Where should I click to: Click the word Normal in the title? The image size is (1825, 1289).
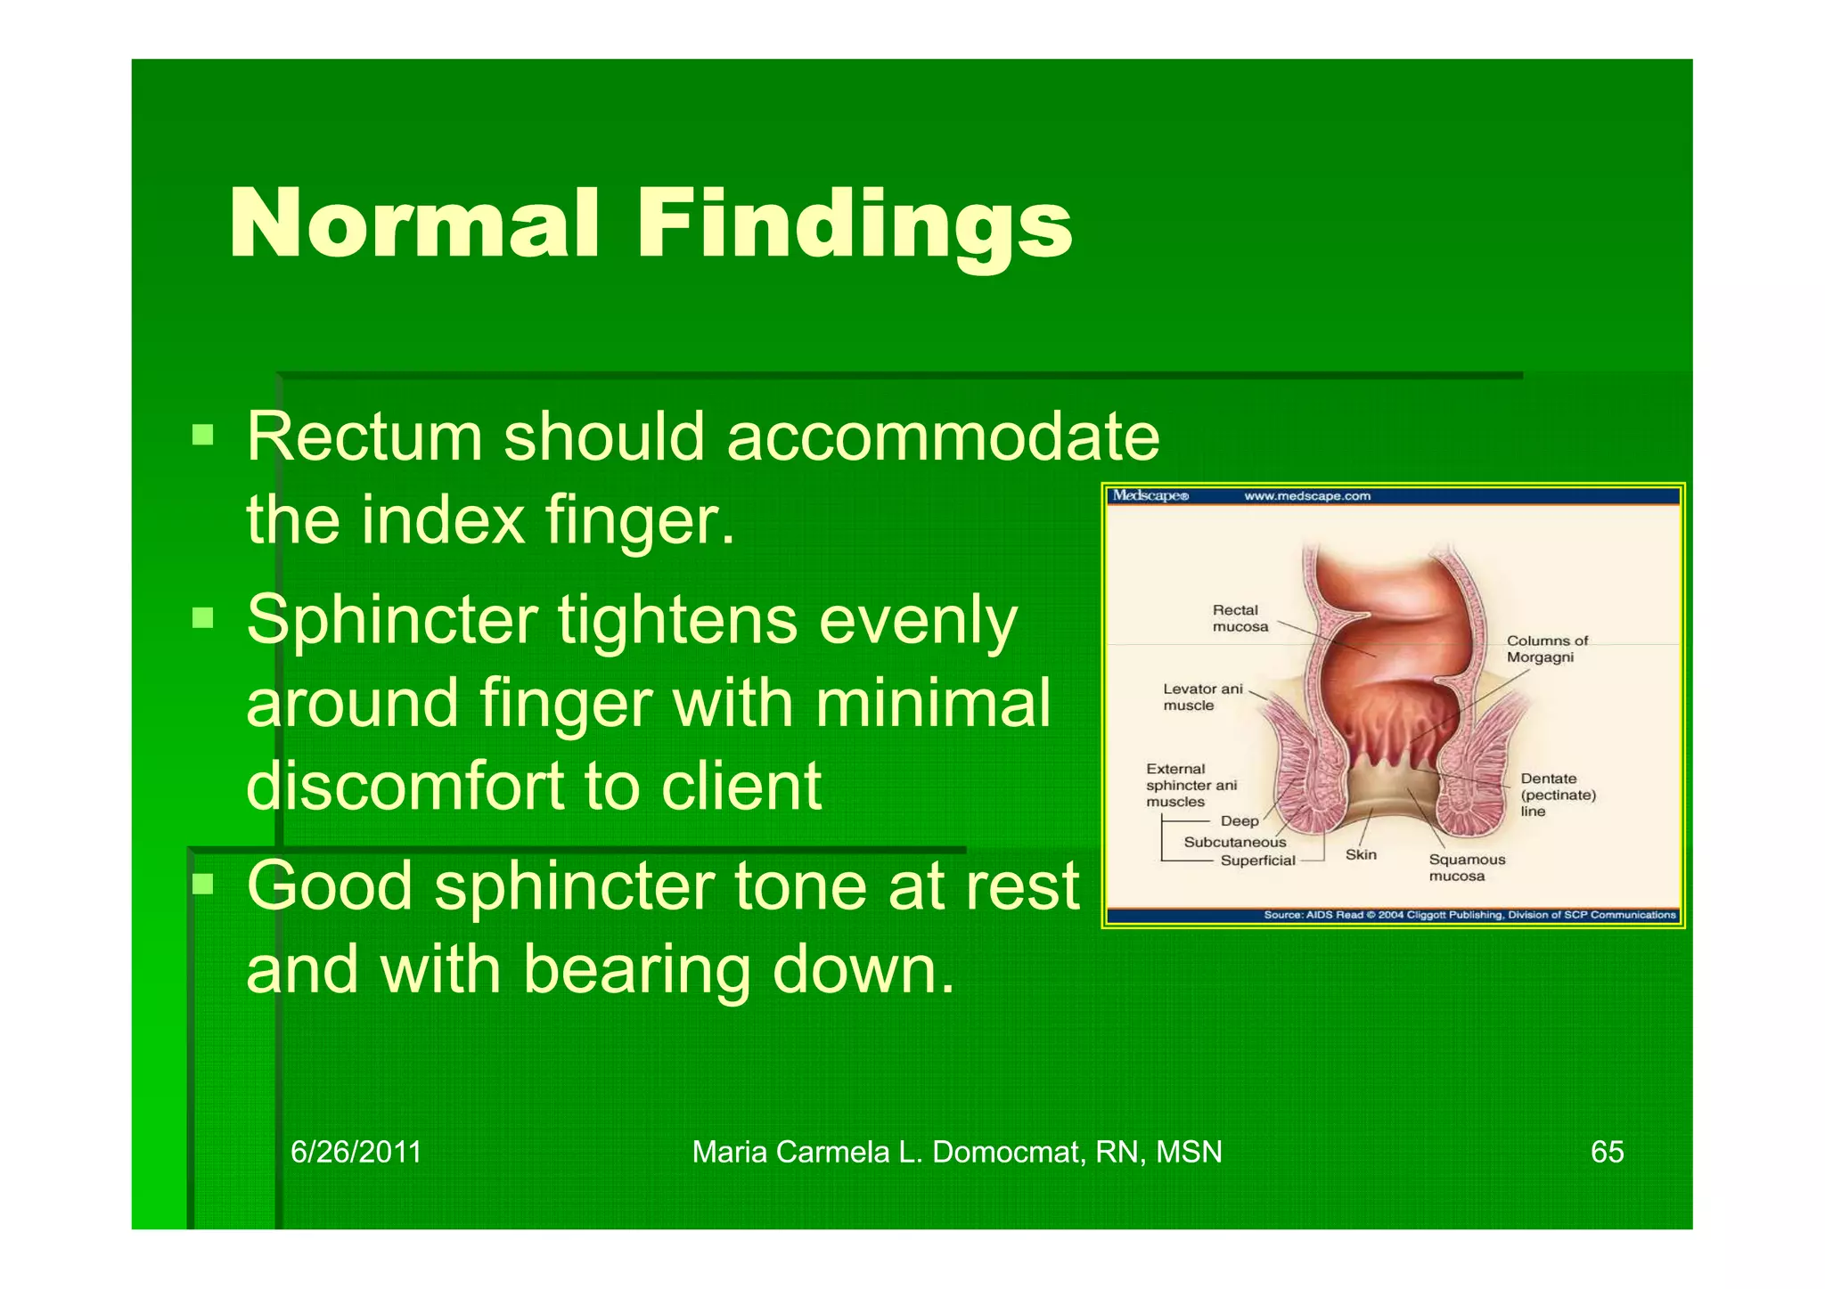tap(413, 224)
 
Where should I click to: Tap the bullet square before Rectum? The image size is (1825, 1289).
tap(203, 435)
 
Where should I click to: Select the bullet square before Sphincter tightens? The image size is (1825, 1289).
tap(203, 617)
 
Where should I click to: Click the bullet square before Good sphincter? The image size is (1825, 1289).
tap(203, 884)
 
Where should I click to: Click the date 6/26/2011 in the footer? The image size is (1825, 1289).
tap(356, 1152)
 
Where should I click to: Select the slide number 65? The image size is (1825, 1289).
tap(1607, 1152)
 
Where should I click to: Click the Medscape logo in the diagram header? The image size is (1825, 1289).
tap(1150, 496)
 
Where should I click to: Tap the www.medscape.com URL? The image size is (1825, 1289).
tap(1306, 496)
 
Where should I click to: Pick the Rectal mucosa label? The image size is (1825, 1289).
tap(1239, 618)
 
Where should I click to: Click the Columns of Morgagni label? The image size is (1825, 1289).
tap(1546, 649)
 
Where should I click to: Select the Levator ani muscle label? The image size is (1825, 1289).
tap(1201, 697)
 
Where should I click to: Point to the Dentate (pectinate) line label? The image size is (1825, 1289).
tap(1557, 795)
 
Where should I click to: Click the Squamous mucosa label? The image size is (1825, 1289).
tap(1466, 868)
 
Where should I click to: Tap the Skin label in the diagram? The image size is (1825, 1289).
tap(1361, 854)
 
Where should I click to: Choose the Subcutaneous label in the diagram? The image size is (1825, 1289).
tap(1234, 842)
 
